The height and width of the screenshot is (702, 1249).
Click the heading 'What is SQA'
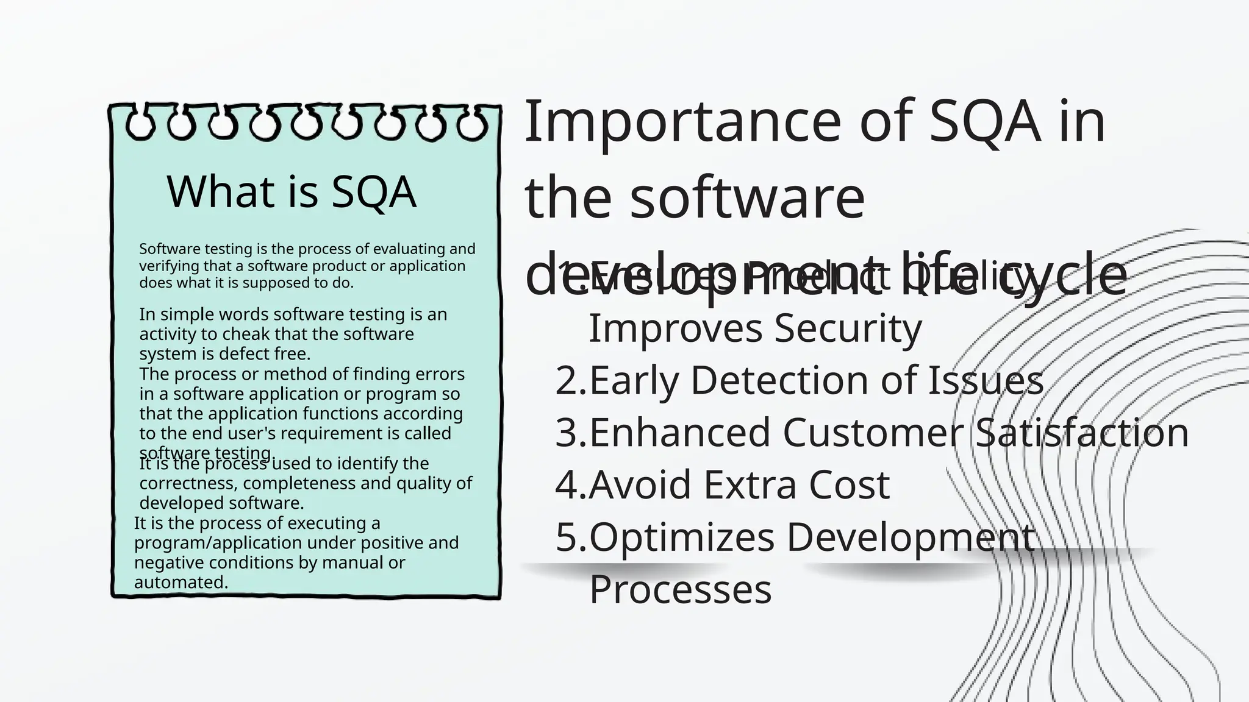click(x=291, y=192)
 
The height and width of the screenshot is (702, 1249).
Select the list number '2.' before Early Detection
click(x=571, y=381)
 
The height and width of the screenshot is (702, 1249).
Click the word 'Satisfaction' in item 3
click(x=1081, y=433)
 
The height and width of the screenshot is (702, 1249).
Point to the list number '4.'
click(x=571, y=485)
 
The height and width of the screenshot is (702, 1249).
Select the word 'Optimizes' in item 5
click(x=682, y=537)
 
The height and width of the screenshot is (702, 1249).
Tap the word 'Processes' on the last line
click(x=680, y=589)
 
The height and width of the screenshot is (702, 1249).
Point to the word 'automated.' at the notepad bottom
click(x=181, y=583)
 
